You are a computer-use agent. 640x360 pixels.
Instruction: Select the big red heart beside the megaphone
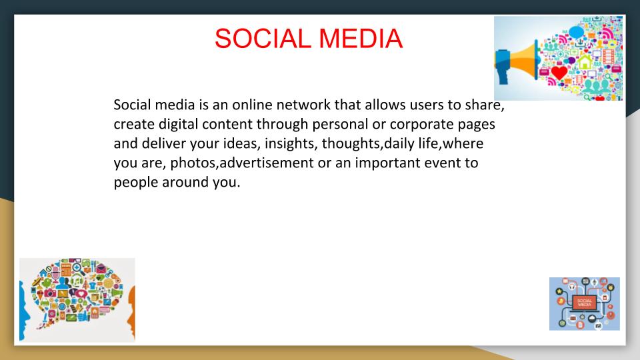point(559,72)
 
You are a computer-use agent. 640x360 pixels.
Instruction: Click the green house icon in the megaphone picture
point(585,63)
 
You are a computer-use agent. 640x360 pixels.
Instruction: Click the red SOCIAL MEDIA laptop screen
point(584,302)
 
